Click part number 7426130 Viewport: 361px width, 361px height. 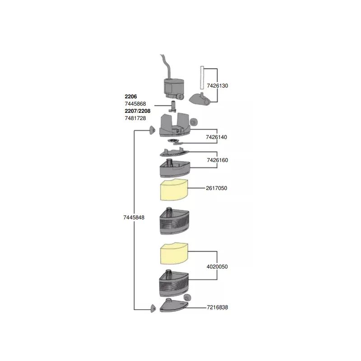(218, 85)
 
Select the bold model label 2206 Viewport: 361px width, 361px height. (130, 97)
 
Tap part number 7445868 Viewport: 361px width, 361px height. (135, 104)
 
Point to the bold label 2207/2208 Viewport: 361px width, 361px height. (137, 111)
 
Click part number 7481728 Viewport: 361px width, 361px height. (135, 118)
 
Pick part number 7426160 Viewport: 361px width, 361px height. (217, 160)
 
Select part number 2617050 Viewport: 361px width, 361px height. (217, 188)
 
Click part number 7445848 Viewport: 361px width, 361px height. (134, 218)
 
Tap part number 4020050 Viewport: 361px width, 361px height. (217, 267)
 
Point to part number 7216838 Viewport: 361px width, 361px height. (218, 307)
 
